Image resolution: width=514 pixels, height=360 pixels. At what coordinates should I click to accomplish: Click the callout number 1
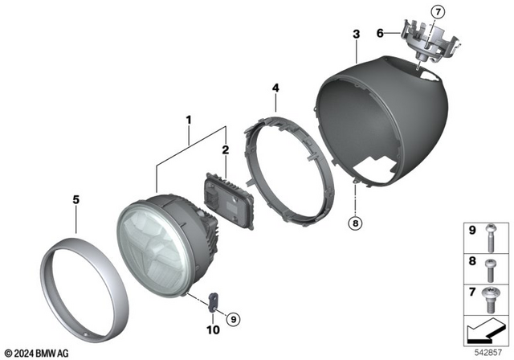pyautogui.click(x=188, y=121)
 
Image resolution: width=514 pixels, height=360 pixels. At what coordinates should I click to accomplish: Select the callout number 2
pyautogui.click(x=225, y=149)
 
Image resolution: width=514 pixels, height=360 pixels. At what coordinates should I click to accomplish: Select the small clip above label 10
pyautogui.click(x=214, y=301)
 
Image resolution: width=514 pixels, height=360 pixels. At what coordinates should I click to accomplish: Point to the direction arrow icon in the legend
pyautogui.click(x=487, y=330)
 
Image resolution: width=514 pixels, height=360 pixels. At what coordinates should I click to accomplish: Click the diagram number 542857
pyautogui.click(x=487, y=351)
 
